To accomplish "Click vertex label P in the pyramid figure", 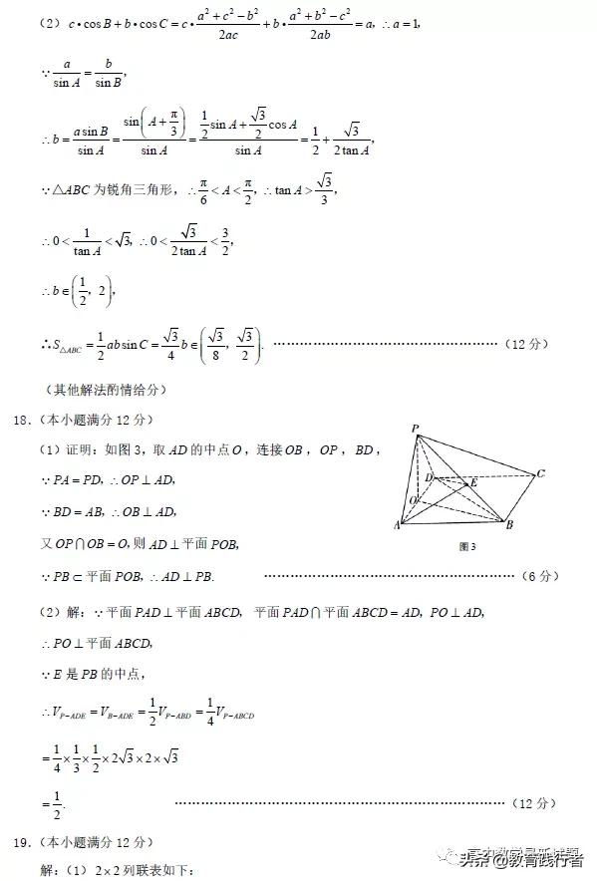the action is coord(415,430).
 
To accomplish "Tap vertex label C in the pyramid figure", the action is coord(540,473).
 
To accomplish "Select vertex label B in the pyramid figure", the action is coord(509,525).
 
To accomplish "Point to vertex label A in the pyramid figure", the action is coord(398,525).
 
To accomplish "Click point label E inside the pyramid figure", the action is coord(473,483).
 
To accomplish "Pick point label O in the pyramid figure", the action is coord(413,499).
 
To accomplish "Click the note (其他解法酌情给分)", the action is coord(105,390).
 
